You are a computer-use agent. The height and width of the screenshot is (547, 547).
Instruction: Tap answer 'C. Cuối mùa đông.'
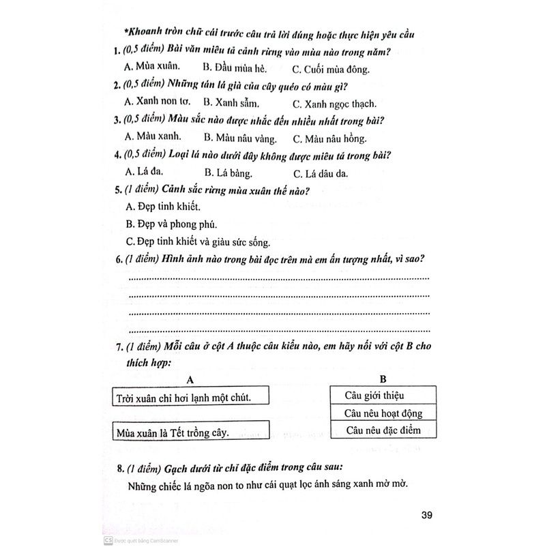(x=330, y=68)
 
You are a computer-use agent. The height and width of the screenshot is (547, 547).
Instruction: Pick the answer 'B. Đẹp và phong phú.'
(x=172, y=224)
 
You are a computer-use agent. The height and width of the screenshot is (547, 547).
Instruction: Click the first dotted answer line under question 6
(x=279, y=278)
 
